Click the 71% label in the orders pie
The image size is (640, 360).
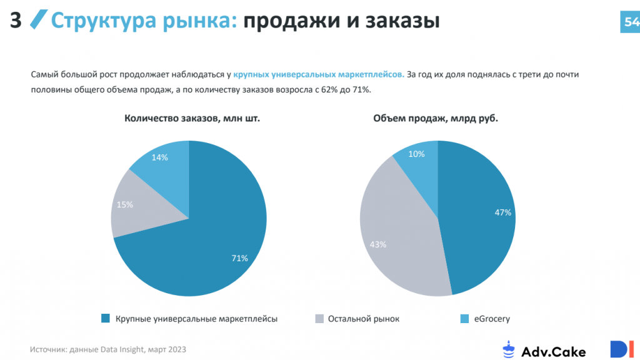tap(239, 257)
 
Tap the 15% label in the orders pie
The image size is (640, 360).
tap(125, 204)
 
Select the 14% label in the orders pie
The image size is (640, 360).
tap(159, 157)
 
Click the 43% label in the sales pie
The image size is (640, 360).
tap(377, 244)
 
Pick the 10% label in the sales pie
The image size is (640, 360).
tap(416, 154)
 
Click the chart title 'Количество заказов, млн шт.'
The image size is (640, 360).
tap(192, 117)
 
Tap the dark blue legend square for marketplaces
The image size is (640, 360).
tap(106, 319)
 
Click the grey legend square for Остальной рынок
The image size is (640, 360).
tap(319, 319)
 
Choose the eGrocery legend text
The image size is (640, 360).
tap(492, 319)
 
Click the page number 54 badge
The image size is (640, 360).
tap(630, 22)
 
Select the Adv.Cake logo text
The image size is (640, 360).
tap(554, 351)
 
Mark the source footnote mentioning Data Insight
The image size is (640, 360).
tap(107, 349)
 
